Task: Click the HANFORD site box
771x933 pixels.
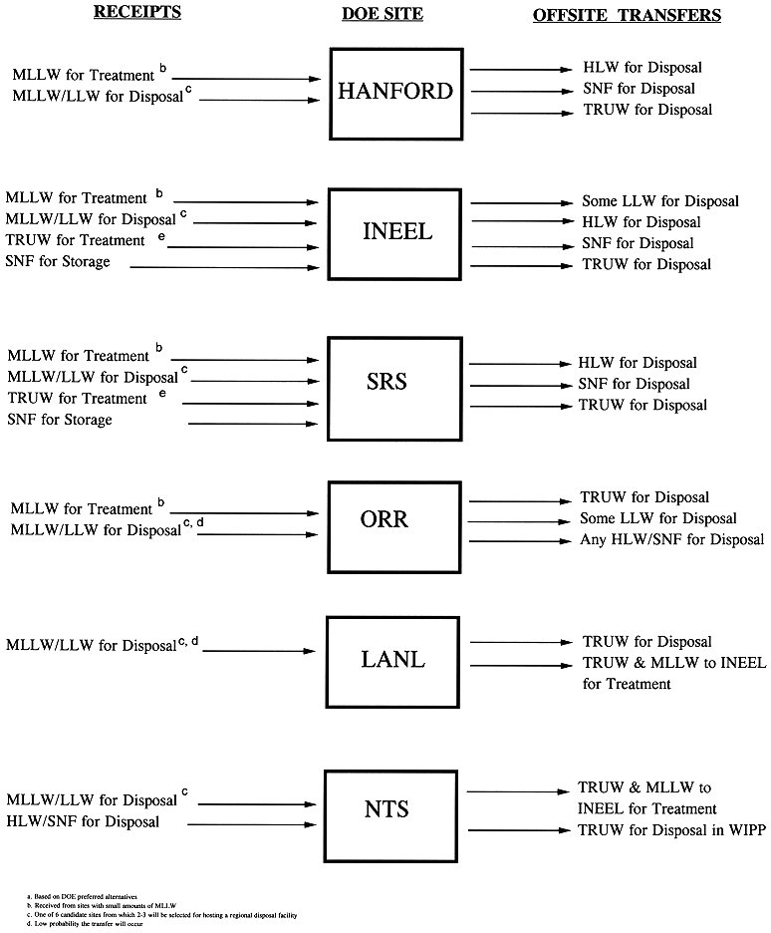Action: point(395,92)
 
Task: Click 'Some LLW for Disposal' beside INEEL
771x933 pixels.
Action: point(660,201)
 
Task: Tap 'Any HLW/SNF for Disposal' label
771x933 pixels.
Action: point(672,540)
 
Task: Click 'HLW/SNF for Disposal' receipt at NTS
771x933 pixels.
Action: point(83,821)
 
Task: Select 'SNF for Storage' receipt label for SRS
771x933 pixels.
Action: point(60,421)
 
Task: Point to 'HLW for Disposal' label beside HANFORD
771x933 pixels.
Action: point(642,68)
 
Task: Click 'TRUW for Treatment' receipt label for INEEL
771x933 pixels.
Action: point(76,240)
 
